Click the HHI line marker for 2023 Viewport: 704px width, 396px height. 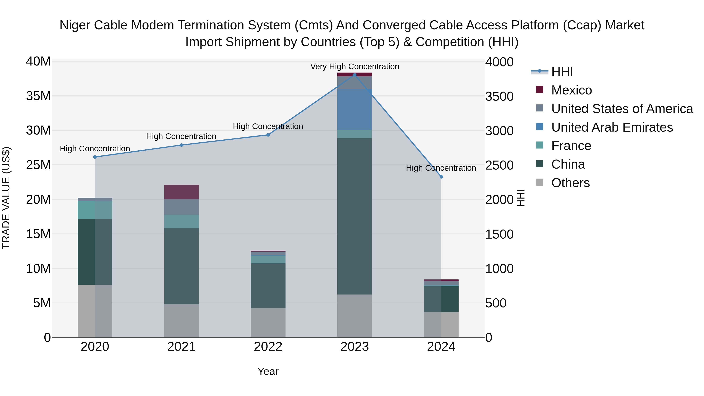pos(355,75)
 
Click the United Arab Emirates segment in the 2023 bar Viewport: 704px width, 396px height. pos(355,110)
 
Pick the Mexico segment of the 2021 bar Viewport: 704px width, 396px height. pos(181,192)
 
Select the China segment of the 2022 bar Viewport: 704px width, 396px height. pos(268,286)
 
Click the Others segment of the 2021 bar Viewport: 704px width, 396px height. pos(181,321)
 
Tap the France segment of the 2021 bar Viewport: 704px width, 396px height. pos(181,222)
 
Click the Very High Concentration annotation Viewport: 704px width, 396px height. pos(355,67)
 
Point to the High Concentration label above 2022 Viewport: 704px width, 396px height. pos(268,127)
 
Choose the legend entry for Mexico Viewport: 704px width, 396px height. pos(571,90)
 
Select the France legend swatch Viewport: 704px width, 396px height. pos(540,145)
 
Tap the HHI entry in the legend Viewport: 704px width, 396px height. pos(562,72)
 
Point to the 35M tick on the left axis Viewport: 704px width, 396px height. pos(38,96)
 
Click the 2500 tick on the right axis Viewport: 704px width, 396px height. pos(499,165)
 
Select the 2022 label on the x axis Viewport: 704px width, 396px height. pos(268,347)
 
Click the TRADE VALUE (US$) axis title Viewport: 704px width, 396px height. pos(6,198)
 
